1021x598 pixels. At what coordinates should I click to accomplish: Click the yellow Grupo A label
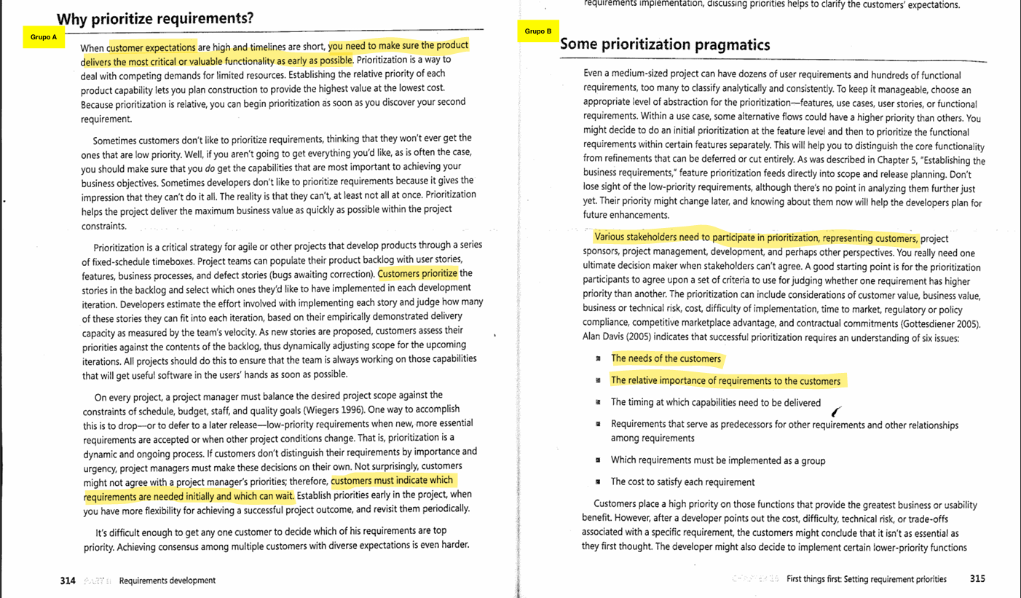coord(44,37)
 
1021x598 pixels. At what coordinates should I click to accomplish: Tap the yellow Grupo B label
coord(538,31)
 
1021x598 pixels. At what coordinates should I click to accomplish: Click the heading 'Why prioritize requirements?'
coord(155,18)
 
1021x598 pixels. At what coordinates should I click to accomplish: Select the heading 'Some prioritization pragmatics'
coord(664,45)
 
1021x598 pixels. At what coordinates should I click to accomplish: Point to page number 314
coord(68,581)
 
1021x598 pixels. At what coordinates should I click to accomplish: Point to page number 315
coord(977,579)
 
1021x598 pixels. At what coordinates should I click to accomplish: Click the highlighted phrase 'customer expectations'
coord(151,48)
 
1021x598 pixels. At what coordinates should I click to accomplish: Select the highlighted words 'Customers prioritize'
coord(417,274)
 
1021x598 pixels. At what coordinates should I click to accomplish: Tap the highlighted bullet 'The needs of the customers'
coord(666,358)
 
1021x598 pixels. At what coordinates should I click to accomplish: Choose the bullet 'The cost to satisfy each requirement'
coord(682,481)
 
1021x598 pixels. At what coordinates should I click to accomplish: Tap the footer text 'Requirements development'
coord(167,581)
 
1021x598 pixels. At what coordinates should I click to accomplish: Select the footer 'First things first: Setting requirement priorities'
coord(867,579)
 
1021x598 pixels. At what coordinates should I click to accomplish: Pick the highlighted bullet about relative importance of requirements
coord(725,381)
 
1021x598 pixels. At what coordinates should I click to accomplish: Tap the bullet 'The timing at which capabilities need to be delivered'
coord(715,403)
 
